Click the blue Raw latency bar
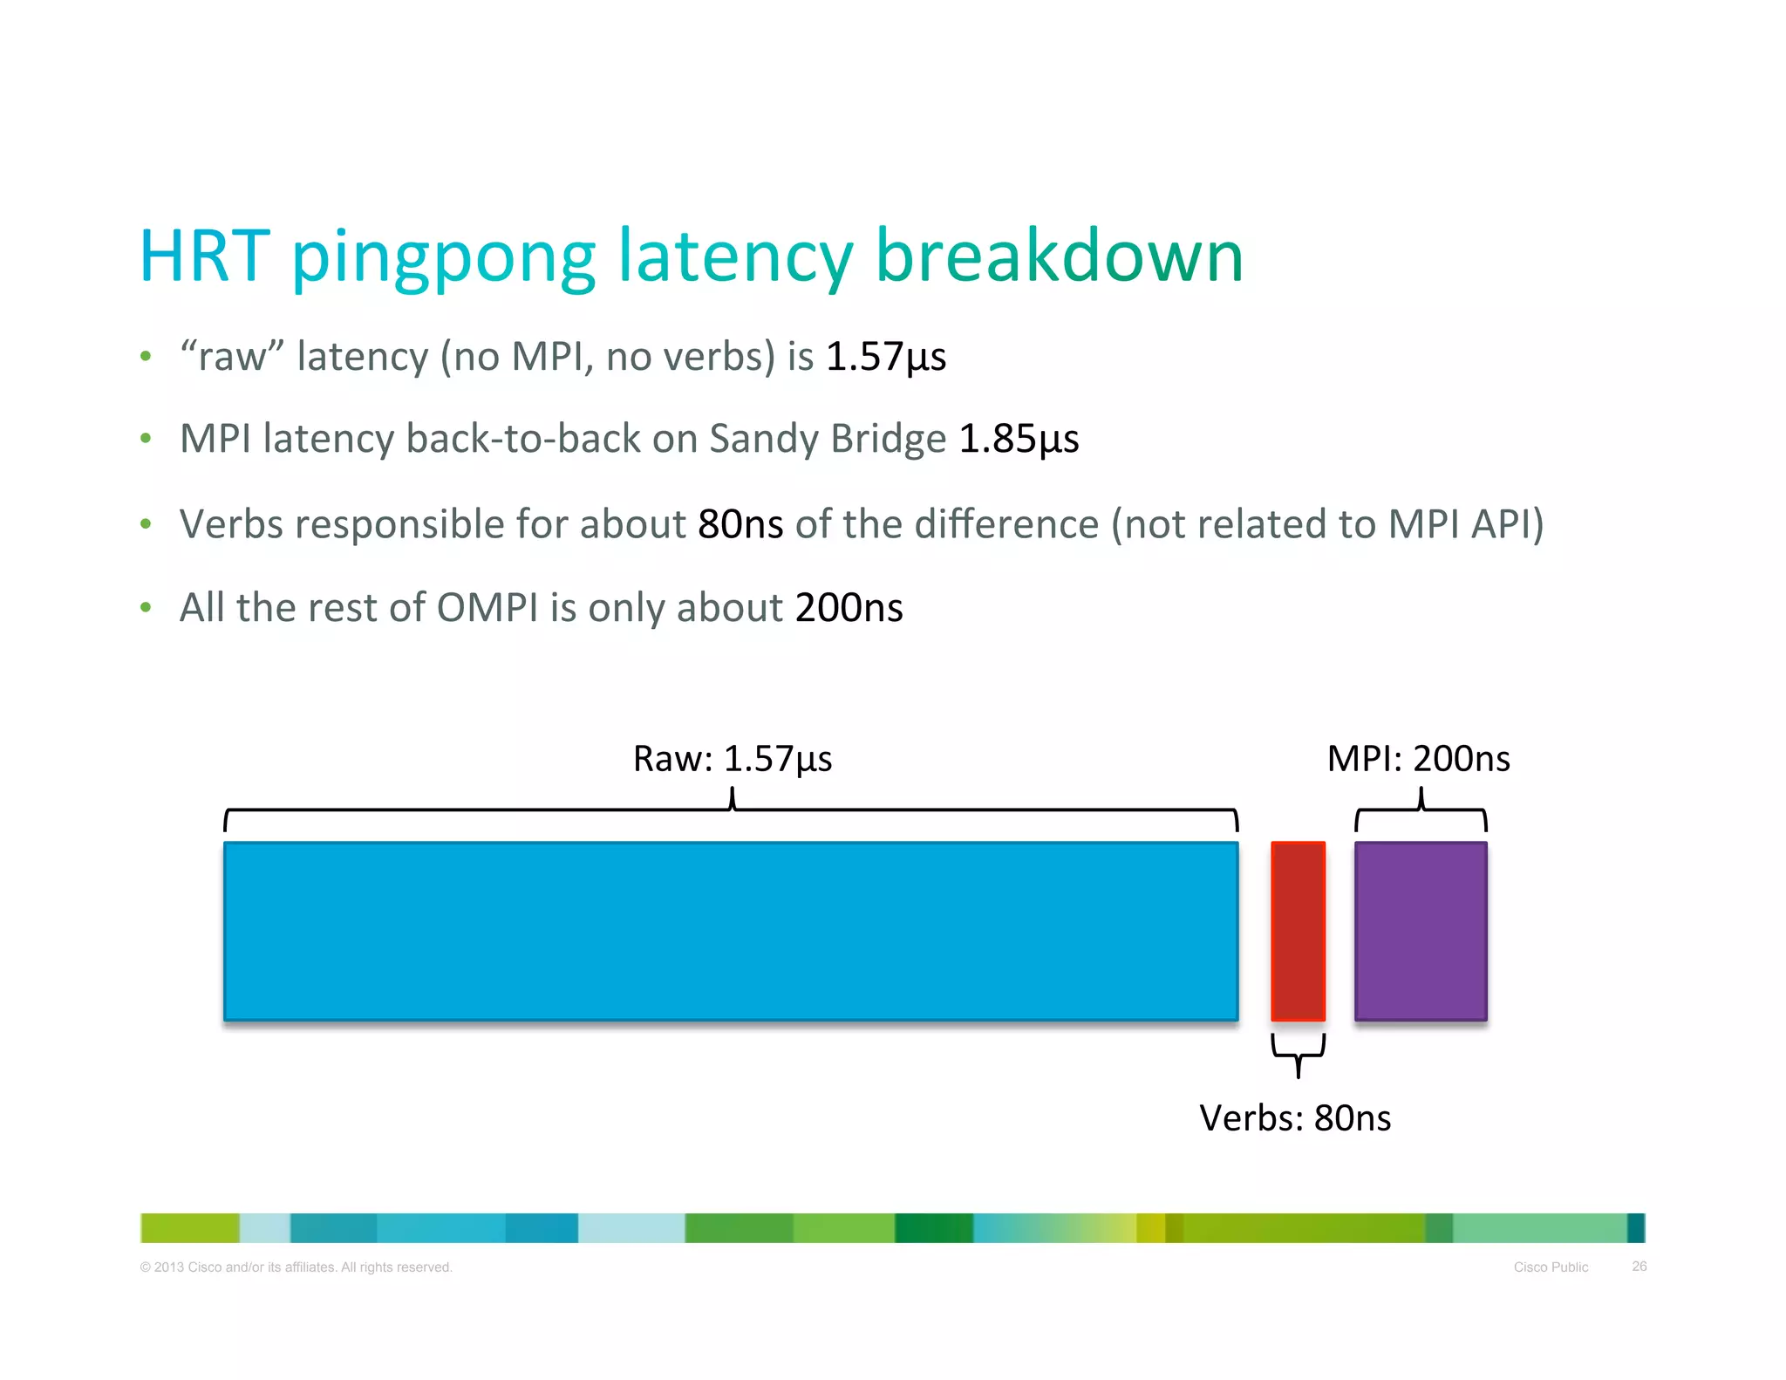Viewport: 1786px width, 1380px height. coord(731,931)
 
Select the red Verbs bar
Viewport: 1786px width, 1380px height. coord(1298,931)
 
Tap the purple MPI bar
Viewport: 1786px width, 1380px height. coord(1421,931)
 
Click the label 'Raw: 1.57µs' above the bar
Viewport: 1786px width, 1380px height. coord(733,759)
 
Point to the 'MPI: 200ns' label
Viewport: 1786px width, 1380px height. coord(1418,759)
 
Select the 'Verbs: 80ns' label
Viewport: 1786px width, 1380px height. coord(1295,1118)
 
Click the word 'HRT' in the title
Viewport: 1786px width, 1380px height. coord(205,256)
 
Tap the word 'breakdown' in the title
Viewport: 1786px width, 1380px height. coord(1059,256)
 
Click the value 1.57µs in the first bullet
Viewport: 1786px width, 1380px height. coord(885,357)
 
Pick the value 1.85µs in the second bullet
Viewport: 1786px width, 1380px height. coord(1019,439)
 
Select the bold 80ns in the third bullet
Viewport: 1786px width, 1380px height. coord(740,524)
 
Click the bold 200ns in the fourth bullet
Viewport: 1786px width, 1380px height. coord(849,608)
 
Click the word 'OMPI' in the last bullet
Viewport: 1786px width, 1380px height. coord(487,608)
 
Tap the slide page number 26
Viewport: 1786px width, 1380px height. coord(1639,1267)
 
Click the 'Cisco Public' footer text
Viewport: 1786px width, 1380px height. coord(1551,1267)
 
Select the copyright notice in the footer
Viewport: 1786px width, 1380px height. coord(297,1267)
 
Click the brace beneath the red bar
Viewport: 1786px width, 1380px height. coord(1298,1054)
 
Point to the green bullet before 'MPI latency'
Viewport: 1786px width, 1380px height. coord(146,439)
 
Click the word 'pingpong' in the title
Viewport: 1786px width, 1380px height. coord(444,258)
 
